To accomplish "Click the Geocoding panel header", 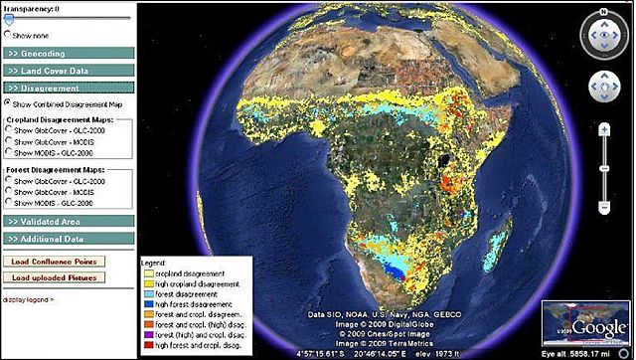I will pos(68,52).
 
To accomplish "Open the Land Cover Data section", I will pos(68,71).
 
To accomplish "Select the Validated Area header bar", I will pos(68,221).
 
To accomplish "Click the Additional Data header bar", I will pos(68,240).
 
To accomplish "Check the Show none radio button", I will pos(9,34).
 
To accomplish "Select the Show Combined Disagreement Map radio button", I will pos(7,102).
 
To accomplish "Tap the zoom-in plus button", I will pos(604,130).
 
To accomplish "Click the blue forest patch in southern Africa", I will pos(398,267).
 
